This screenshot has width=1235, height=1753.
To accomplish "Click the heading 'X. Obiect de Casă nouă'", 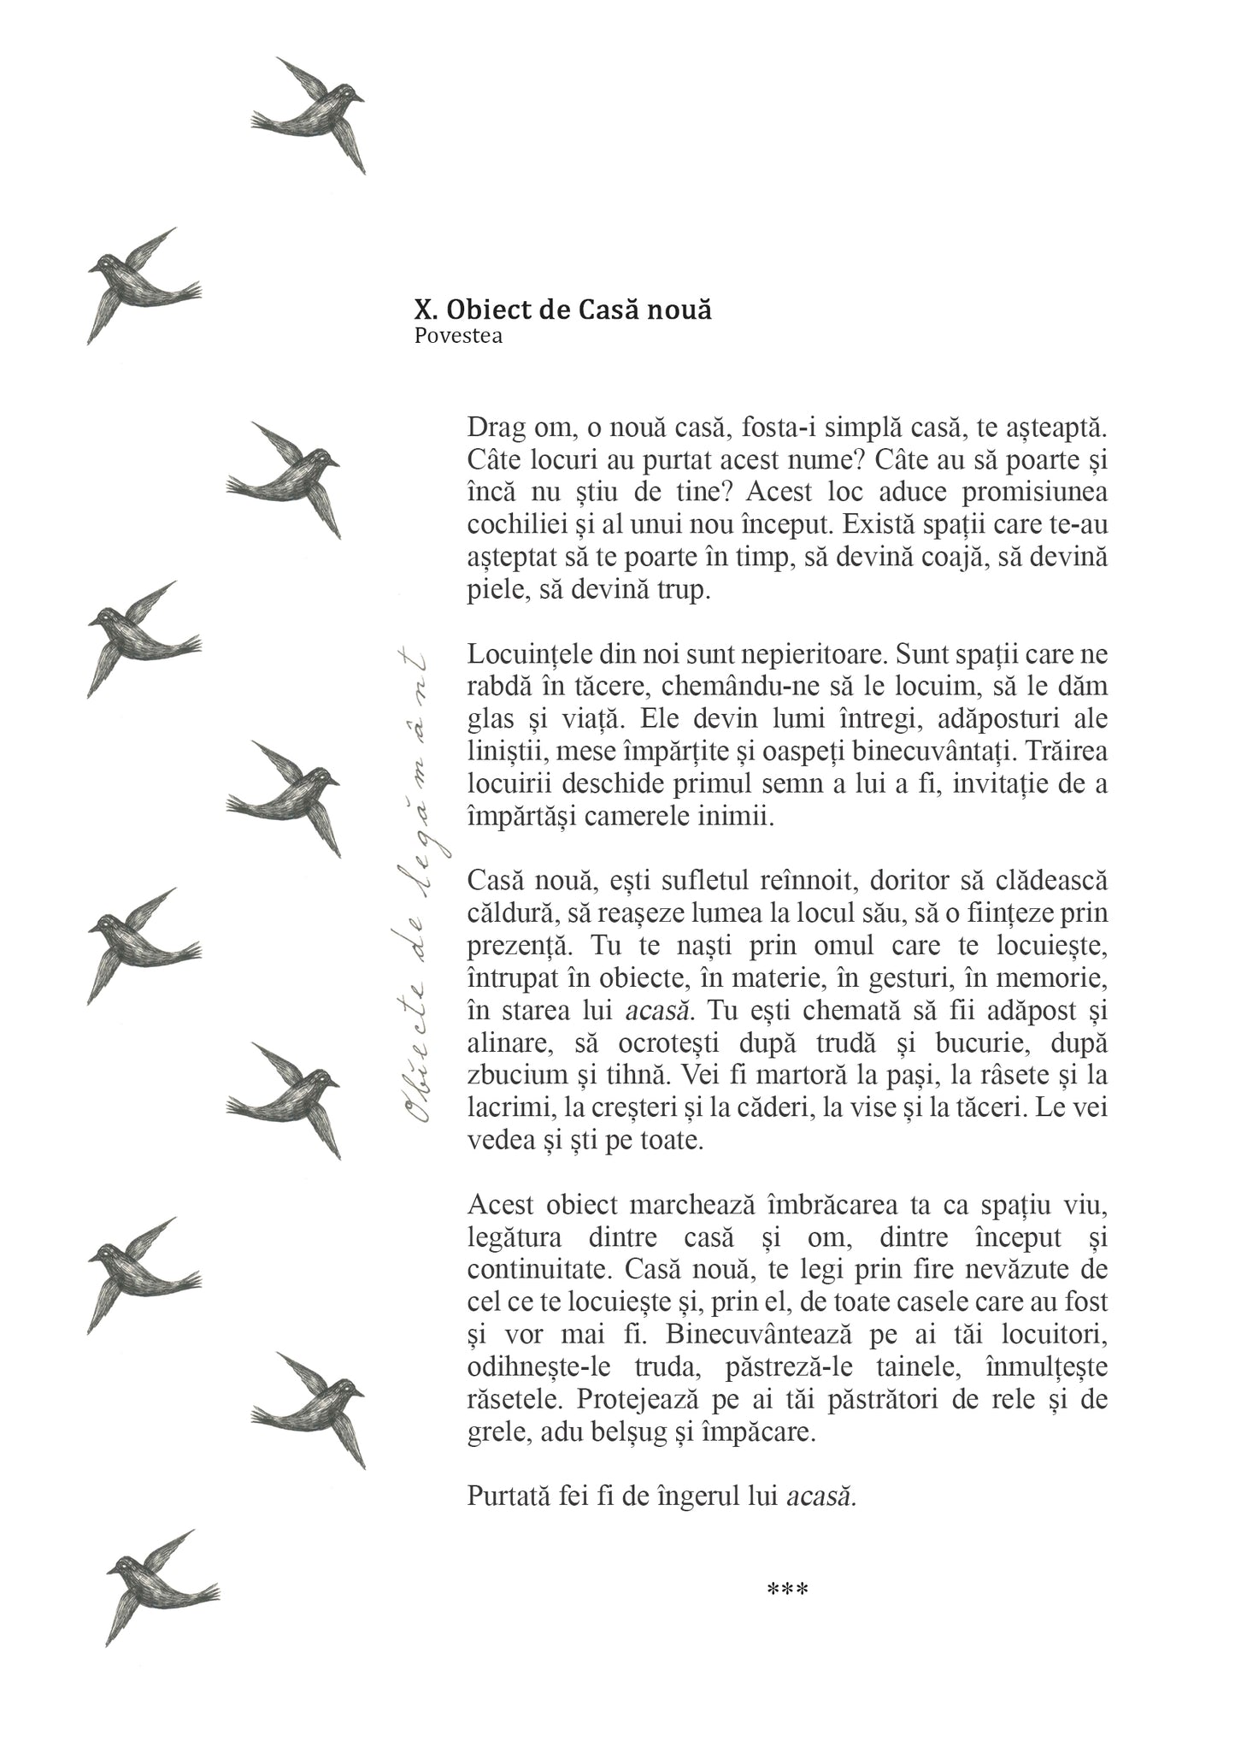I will pyautogui.click(x=562, y=310).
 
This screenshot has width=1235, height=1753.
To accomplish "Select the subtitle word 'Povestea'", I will pyautogui.click(x=458, y=336).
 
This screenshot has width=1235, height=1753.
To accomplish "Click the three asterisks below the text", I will pyautogui.click(x=787, y=1591).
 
